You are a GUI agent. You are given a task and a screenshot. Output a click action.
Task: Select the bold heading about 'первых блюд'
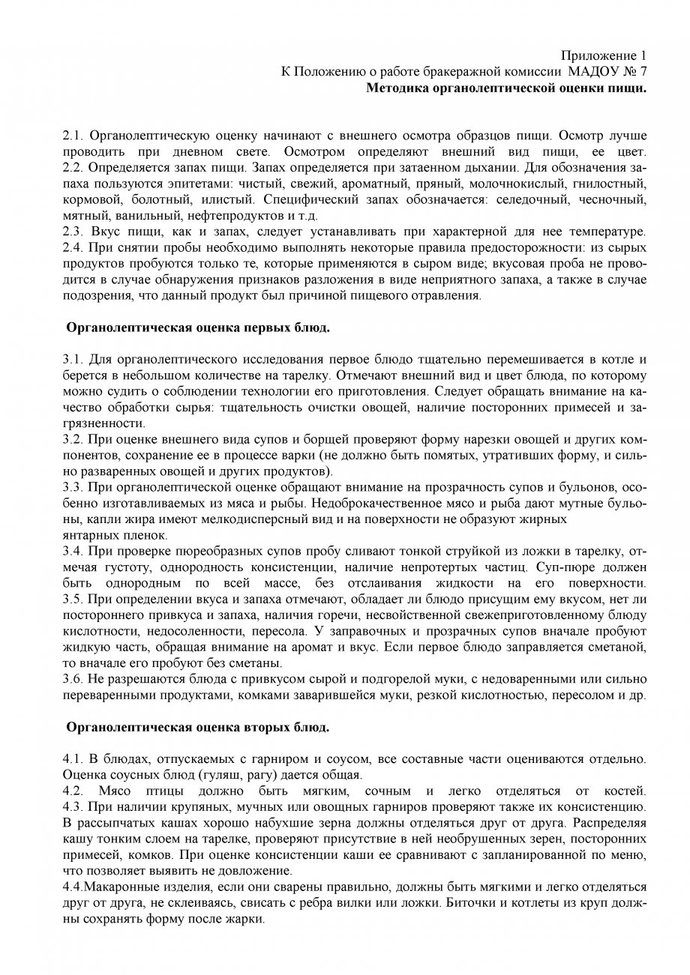click(198, 327)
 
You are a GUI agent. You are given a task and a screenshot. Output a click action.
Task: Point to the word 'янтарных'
click(87, 534)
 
